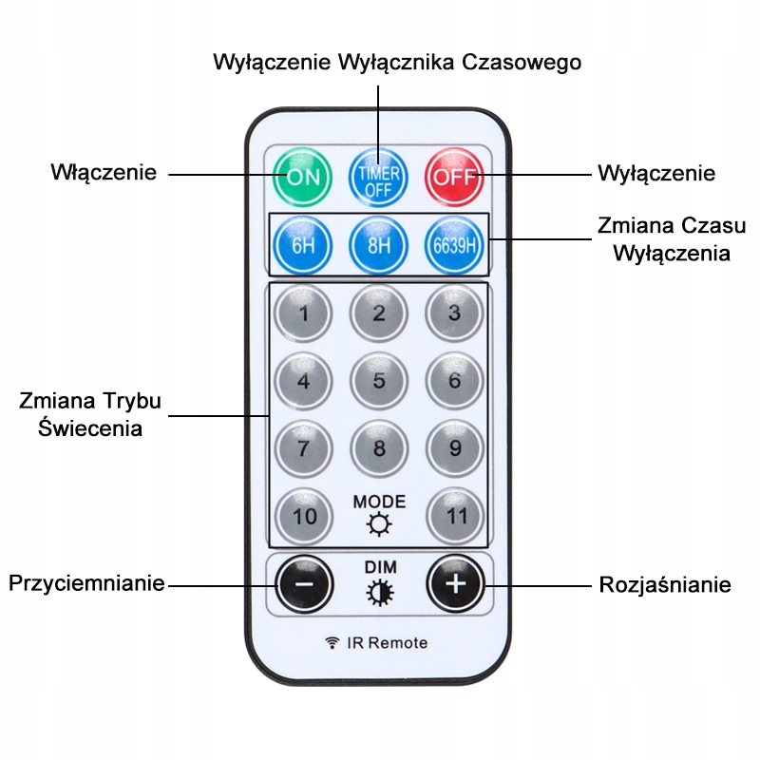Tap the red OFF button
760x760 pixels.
(x=455, y=175)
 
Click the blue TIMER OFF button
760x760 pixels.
(x=379, y=175)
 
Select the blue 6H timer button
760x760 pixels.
(x=303, y=244)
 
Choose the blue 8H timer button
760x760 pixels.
(x=379, y=244)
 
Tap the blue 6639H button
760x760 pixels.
(x=455, y=244)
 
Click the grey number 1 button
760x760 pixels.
(x=303, y=313)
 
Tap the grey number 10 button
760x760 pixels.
(x=303, y=516)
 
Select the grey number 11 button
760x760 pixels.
(x=455, y=516)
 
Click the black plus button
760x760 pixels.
(x=455, y=583)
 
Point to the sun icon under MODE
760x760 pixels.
(x=379, y=524)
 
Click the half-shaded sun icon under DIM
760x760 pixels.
(x=380, y=593)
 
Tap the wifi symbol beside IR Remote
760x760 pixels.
(x=332, y=642)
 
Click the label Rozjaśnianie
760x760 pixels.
(x=664, y=584)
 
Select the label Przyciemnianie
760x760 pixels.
(x=87, y=582)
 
